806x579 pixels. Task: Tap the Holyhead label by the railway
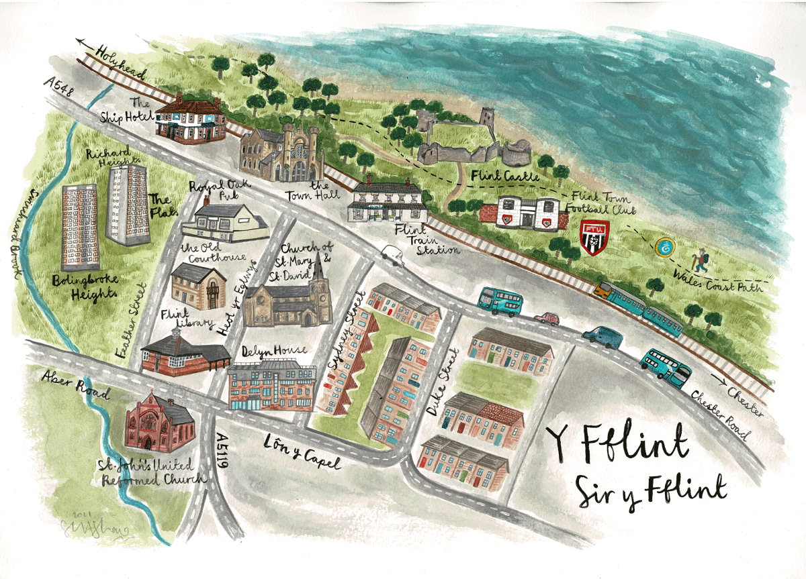[121, 62]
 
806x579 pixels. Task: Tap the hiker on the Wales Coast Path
[701, 260]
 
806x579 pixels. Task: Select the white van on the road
[393, 254]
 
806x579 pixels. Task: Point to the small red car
[547, 318]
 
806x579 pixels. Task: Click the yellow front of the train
[602, 290]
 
